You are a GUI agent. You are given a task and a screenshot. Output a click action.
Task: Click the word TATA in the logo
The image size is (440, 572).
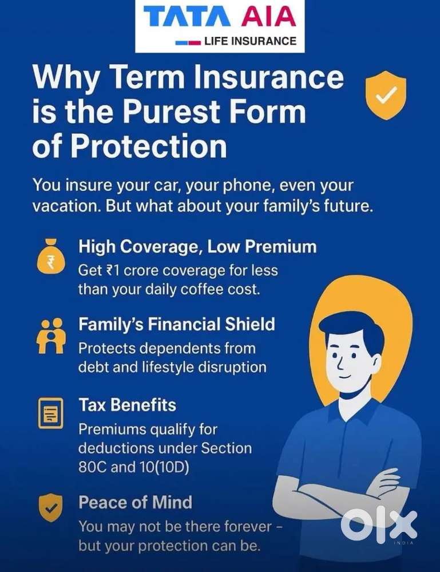point(187,17)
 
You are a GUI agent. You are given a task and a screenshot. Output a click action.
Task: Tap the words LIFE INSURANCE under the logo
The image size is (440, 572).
point(250,41)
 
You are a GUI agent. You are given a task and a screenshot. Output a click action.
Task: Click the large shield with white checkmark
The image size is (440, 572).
point(386,96)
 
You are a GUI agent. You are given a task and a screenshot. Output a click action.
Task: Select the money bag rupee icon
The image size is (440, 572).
point(51,257)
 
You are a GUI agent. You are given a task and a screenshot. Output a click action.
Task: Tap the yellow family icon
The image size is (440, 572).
point(51,336)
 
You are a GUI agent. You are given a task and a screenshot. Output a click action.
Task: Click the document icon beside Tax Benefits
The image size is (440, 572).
point(51,413)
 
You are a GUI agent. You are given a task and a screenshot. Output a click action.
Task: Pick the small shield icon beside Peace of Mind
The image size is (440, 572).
point(51,507)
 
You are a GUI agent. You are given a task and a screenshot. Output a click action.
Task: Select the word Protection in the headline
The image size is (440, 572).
point(148,145)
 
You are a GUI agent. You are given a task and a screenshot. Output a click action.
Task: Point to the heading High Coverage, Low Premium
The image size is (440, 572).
point(197,247)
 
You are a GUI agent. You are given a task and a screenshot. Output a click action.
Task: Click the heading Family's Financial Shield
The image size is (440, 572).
point(177,324)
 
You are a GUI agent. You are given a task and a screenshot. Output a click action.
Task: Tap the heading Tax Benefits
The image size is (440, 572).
point(127,405)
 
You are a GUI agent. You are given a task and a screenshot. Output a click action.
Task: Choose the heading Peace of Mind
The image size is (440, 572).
point(135,502)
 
